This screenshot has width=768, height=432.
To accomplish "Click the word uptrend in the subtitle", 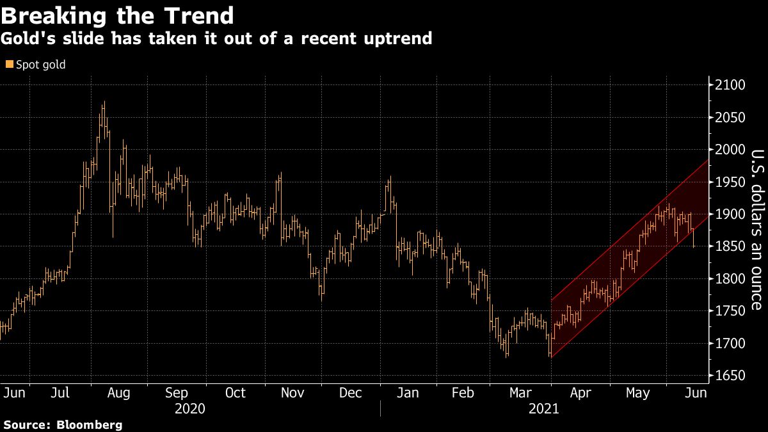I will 399,38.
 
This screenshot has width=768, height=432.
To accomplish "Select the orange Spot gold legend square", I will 8,64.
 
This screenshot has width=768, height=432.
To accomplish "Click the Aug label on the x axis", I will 119,392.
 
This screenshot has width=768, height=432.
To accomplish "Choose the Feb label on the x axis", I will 462,392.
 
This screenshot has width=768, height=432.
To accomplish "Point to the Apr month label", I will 580,392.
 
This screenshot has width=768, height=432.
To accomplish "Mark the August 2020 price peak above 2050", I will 104,102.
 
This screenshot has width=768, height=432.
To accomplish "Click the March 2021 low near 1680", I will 550,355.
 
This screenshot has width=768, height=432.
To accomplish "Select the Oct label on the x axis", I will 236,392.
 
